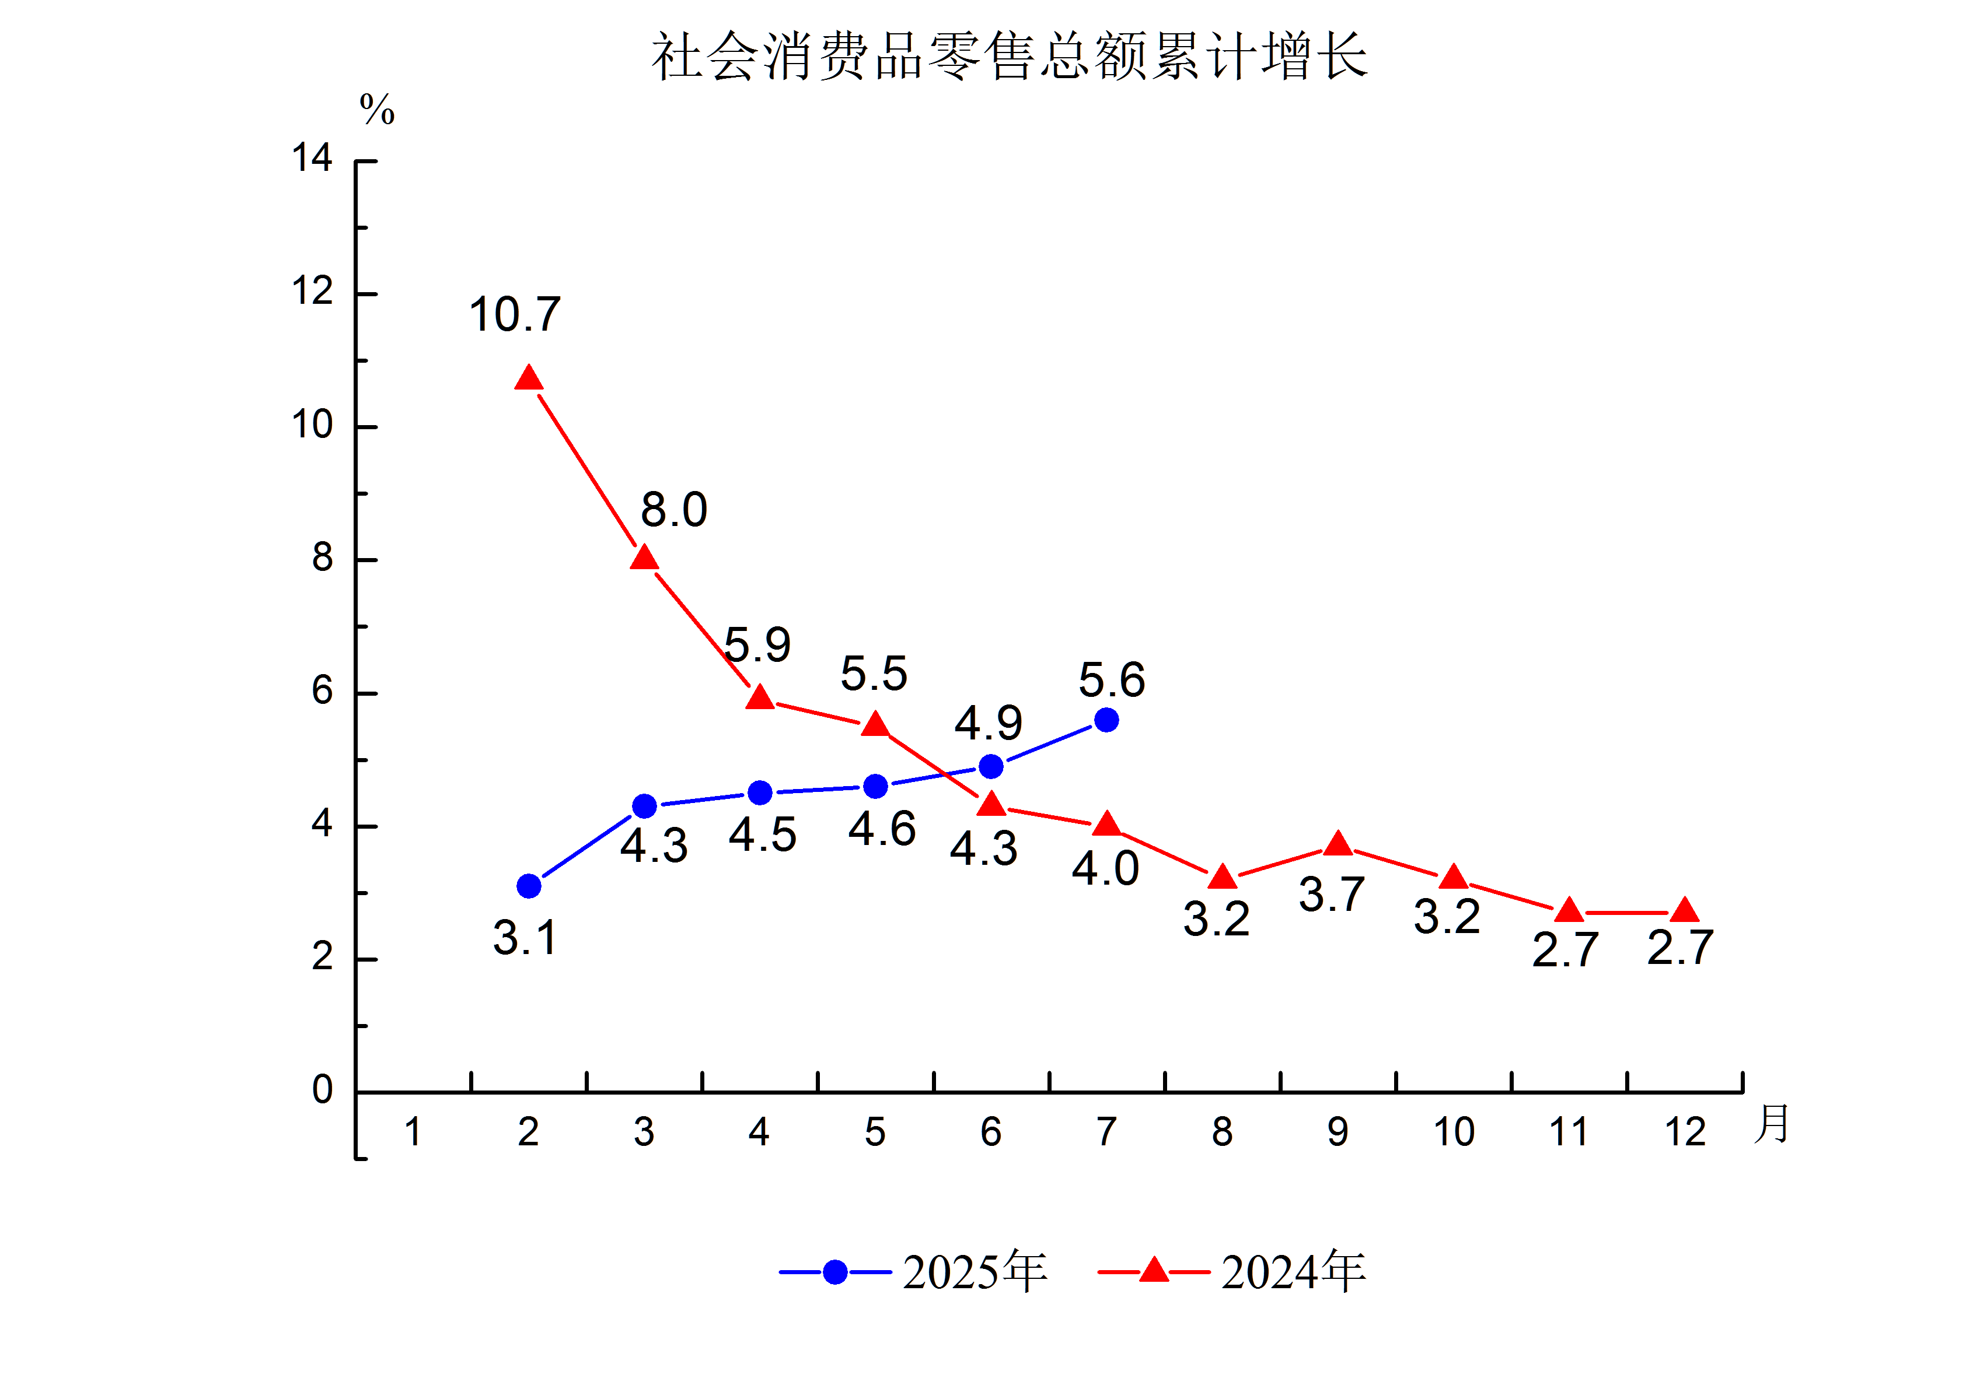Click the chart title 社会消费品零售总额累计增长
click(1009, 57)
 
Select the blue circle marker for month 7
click(1106, 720)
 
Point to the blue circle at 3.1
click(528, 886)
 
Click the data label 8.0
click(673, 510)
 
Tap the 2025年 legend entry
click(914, 1272)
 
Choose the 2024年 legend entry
click(1232, 1272)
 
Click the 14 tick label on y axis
click(312, 158)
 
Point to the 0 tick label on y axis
click(322, 1090)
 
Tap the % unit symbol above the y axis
click(378, 110)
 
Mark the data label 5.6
click(1111, 680)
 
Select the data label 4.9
click(989, 723)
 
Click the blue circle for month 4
click(760, 793)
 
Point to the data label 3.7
click(1332, 895)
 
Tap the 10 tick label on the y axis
click(312, 425)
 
